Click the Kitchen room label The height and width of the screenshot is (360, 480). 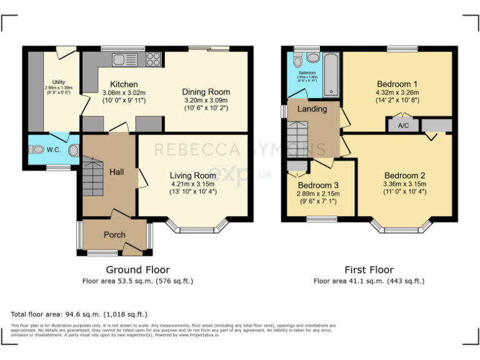coord(124,84)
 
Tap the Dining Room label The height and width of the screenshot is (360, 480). coord(206,91)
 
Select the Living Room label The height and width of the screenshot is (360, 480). coord(192,175)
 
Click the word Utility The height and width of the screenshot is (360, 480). coord(58,82)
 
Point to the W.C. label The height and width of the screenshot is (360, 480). coord(54,149)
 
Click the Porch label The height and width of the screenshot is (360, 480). coord(114,235)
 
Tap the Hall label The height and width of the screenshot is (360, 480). coord(117,172)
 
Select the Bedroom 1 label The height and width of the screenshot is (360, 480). coord(397,84)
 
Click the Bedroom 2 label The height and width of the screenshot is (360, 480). coord(404,175)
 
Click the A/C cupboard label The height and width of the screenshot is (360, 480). coord(403,125)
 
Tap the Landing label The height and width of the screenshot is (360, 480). coord(312,109)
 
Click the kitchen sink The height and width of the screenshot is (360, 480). coord(124,60)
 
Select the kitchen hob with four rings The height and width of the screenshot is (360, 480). coord(153,60)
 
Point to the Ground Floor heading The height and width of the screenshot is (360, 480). coord(137,270)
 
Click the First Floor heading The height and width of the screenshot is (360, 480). coord(369,270)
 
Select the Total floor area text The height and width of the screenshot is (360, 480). coord(79,314)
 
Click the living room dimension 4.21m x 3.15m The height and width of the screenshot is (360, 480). coord(192,184)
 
